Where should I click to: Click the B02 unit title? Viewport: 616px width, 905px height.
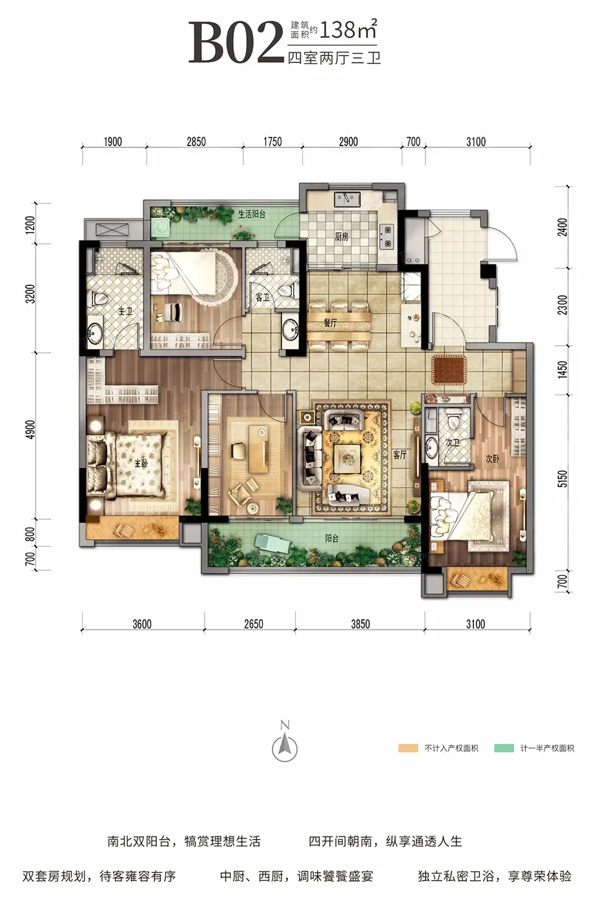click(x=236, y=42)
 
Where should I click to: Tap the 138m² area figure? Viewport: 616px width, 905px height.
click(x=349, y=29)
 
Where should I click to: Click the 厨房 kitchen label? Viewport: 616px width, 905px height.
click(x=342, y=237)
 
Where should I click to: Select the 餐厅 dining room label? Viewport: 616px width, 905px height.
click(x=330, y=323)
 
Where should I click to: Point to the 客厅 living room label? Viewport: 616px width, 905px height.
click(x=400, y=455)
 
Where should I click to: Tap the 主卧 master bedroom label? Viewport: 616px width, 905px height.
click(x=141, y=463)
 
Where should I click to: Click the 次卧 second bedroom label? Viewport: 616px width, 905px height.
click(x=493, y=458)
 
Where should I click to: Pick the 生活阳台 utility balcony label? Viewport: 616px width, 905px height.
click(x=251, y=214)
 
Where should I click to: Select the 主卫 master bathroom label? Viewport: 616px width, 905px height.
click(x=125, y=311)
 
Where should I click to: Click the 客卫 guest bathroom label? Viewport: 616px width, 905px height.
click(x=262, y=297)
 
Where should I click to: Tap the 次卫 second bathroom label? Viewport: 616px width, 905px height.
click(x=453, y=443)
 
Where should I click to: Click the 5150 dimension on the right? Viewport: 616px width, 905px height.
click(x=562, y=479)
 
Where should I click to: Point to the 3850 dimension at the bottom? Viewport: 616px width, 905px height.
click(x=360, y=624)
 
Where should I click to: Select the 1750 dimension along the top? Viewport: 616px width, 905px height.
click(x=272, y=142)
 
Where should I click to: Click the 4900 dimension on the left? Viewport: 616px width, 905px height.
click(x=31, y=429)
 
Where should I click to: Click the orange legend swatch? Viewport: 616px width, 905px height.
click(x=408, y=748)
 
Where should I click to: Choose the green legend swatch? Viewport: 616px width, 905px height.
click(x=504, y=748)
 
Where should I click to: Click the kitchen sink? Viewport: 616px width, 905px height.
click(x=347, y=199)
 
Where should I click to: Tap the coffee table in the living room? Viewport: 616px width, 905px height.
click(x=347, y=458)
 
